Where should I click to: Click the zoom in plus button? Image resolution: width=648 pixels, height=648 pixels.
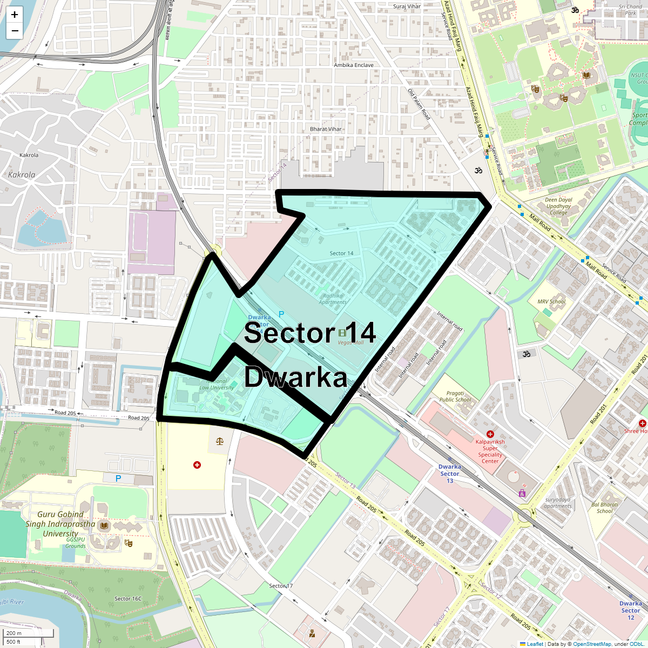[15, 15]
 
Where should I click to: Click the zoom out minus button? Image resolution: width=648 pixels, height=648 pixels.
[15, 31]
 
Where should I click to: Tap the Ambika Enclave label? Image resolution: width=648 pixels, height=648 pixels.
[354, 65]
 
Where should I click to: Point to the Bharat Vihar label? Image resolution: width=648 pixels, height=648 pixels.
[326, 129]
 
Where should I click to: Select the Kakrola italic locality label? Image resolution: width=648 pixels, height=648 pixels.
[22, 175]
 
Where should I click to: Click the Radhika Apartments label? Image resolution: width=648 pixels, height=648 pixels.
[333, 299]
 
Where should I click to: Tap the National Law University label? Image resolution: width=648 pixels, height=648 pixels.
[217, 384]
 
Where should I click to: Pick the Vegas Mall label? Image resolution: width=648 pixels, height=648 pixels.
[351, 342]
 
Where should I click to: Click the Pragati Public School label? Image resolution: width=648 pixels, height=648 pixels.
[455, 397]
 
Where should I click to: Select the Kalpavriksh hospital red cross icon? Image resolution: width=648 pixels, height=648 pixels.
[490, 434]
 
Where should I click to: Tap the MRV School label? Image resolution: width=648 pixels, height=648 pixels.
[551, 302]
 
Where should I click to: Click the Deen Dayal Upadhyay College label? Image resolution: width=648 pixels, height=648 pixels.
[559, 206]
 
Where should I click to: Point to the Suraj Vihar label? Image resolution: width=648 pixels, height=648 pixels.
[407, 6]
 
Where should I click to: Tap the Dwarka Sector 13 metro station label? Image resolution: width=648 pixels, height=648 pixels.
[450, 474]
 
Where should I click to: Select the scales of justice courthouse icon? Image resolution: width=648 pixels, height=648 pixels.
[219, 441]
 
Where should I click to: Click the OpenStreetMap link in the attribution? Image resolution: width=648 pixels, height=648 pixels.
[592, 644]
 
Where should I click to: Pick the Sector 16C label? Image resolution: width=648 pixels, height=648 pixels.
[128, 598]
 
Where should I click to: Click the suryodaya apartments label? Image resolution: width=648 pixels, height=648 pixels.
[558, 503]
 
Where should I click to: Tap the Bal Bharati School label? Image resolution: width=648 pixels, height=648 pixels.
[605, 508]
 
